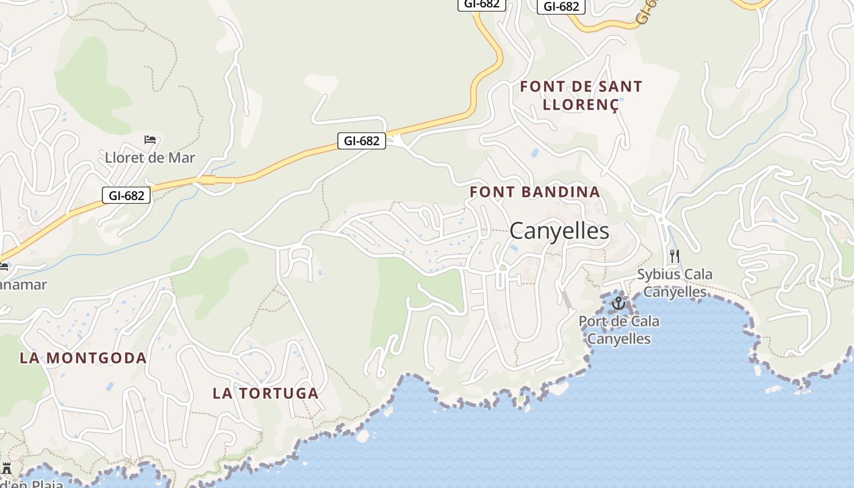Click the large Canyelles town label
click(x=559, y=231)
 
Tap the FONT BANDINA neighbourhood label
click(x=535, y=192)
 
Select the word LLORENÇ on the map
click(x=581, y=105)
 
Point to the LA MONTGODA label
click(x=83, y=358)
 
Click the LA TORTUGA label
click(x=265, y=393)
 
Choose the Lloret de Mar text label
click(x=150, y=157)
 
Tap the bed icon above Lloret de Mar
click(x=150, y=140)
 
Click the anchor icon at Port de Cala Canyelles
click(x=619, y=303)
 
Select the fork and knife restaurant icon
click(x=674, y=255)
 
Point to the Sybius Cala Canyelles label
click(x=675, y=283)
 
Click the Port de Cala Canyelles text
click(x=619, y=330)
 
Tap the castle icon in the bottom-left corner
click(x=7, y=468)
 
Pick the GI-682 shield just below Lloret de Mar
click(x=126, y=195)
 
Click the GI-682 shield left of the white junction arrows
click(x=362, y=141)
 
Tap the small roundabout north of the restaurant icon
click(x=660, y=218)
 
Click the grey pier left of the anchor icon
click(x=567, y=299)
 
